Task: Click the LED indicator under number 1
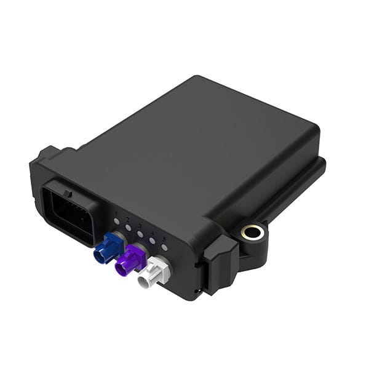(x=116, y=220)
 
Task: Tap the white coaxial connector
(x=154, y=273)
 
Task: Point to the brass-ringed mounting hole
(x=253, y=232)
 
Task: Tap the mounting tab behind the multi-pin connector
(x=49, y=154)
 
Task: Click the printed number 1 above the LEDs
(x=116, y=213)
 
